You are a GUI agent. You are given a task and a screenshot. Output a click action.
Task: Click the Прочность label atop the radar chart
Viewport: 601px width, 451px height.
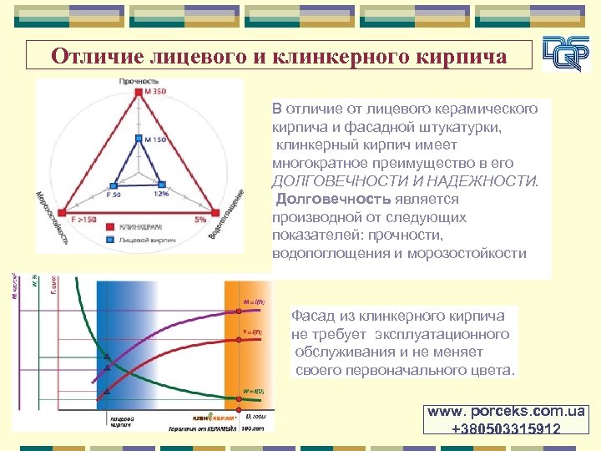[x=139, y=82]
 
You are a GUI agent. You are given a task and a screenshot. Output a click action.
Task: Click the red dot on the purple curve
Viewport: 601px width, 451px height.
[x=107, y=357]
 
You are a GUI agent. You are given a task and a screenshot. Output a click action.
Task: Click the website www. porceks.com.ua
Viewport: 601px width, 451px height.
[x=507, y=413]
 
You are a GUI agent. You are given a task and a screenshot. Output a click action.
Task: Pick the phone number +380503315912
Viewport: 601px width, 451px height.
[x=507, y=428]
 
